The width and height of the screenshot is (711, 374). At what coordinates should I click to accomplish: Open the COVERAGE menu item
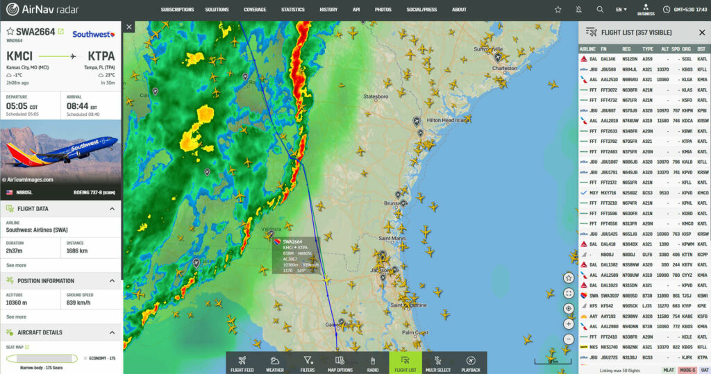[255, 10]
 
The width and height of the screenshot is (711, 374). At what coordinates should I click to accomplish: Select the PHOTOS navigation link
[383, 10]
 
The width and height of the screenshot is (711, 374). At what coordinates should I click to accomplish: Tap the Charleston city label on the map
[505, 69]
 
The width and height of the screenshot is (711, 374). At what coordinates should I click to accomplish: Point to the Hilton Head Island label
[448, 120]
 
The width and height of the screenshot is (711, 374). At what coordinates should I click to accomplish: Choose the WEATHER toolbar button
[274, 363]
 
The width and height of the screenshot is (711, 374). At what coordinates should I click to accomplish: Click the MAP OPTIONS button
[340, 363]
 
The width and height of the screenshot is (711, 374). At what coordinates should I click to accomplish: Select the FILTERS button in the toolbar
[308, 363]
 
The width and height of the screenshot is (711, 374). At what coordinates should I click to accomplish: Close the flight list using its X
[701, 33]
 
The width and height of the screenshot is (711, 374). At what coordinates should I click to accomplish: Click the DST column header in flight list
[701, 49]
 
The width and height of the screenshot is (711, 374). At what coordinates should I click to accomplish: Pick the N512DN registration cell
[629, 59]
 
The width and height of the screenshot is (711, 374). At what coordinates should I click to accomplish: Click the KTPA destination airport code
[101, 56]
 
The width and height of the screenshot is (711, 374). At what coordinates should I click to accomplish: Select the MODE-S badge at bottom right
[687, 371]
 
